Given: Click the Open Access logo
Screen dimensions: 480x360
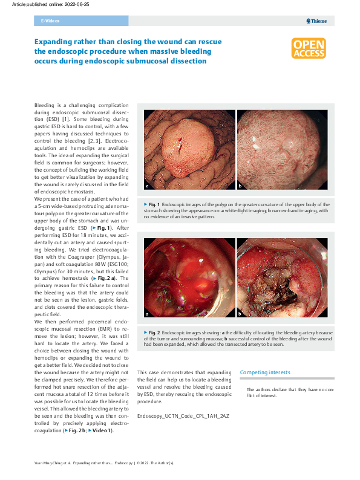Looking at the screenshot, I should [309, 49].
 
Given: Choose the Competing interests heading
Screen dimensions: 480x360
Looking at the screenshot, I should [265, 372].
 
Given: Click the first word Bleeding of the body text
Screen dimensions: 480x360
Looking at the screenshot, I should [44, 105].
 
